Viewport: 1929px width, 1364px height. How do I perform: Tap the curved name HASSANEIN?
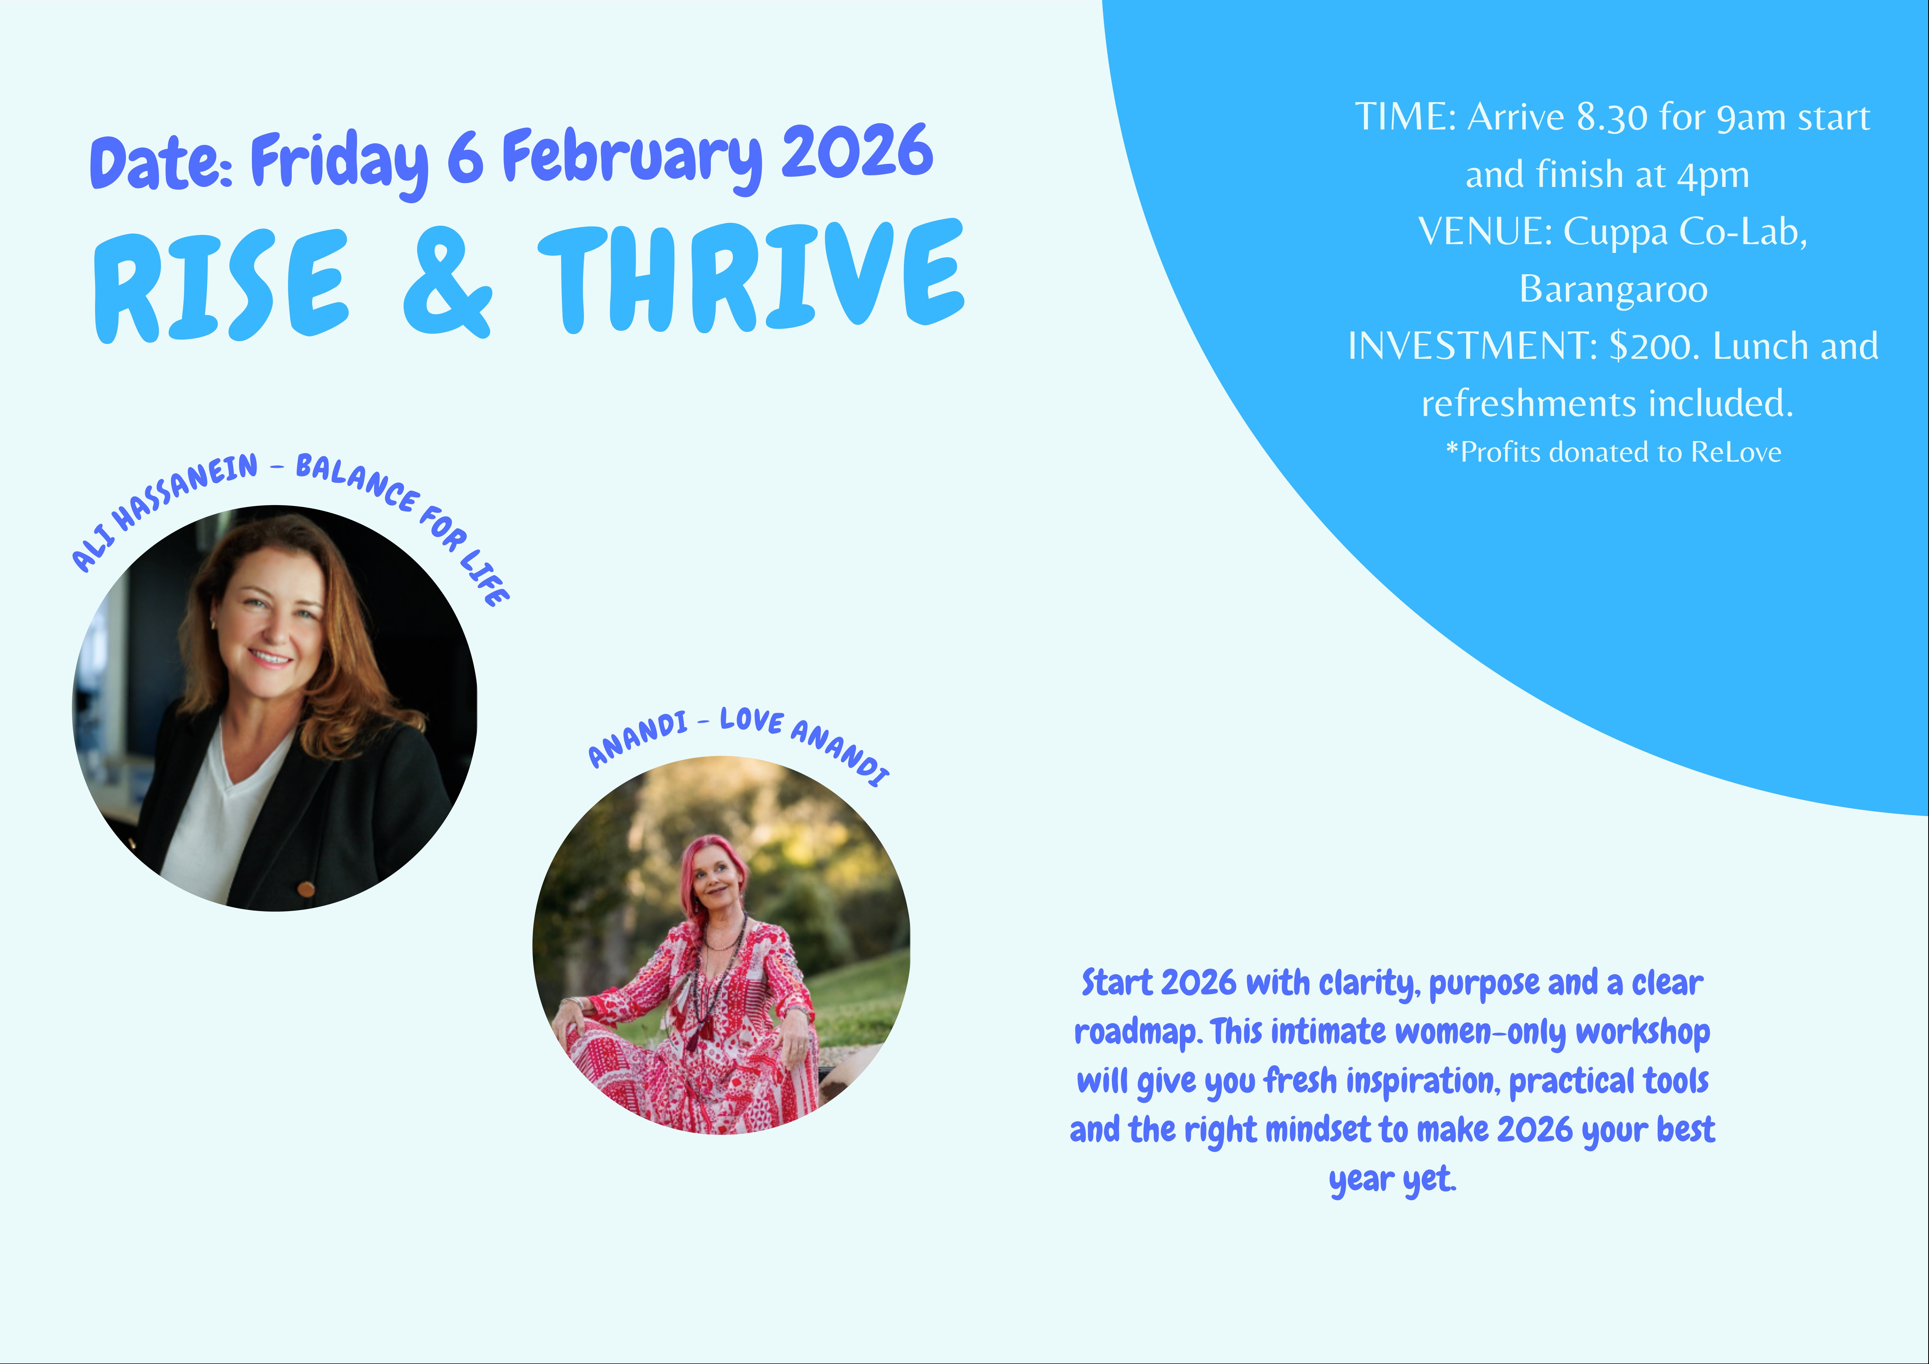coord(185,492)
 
